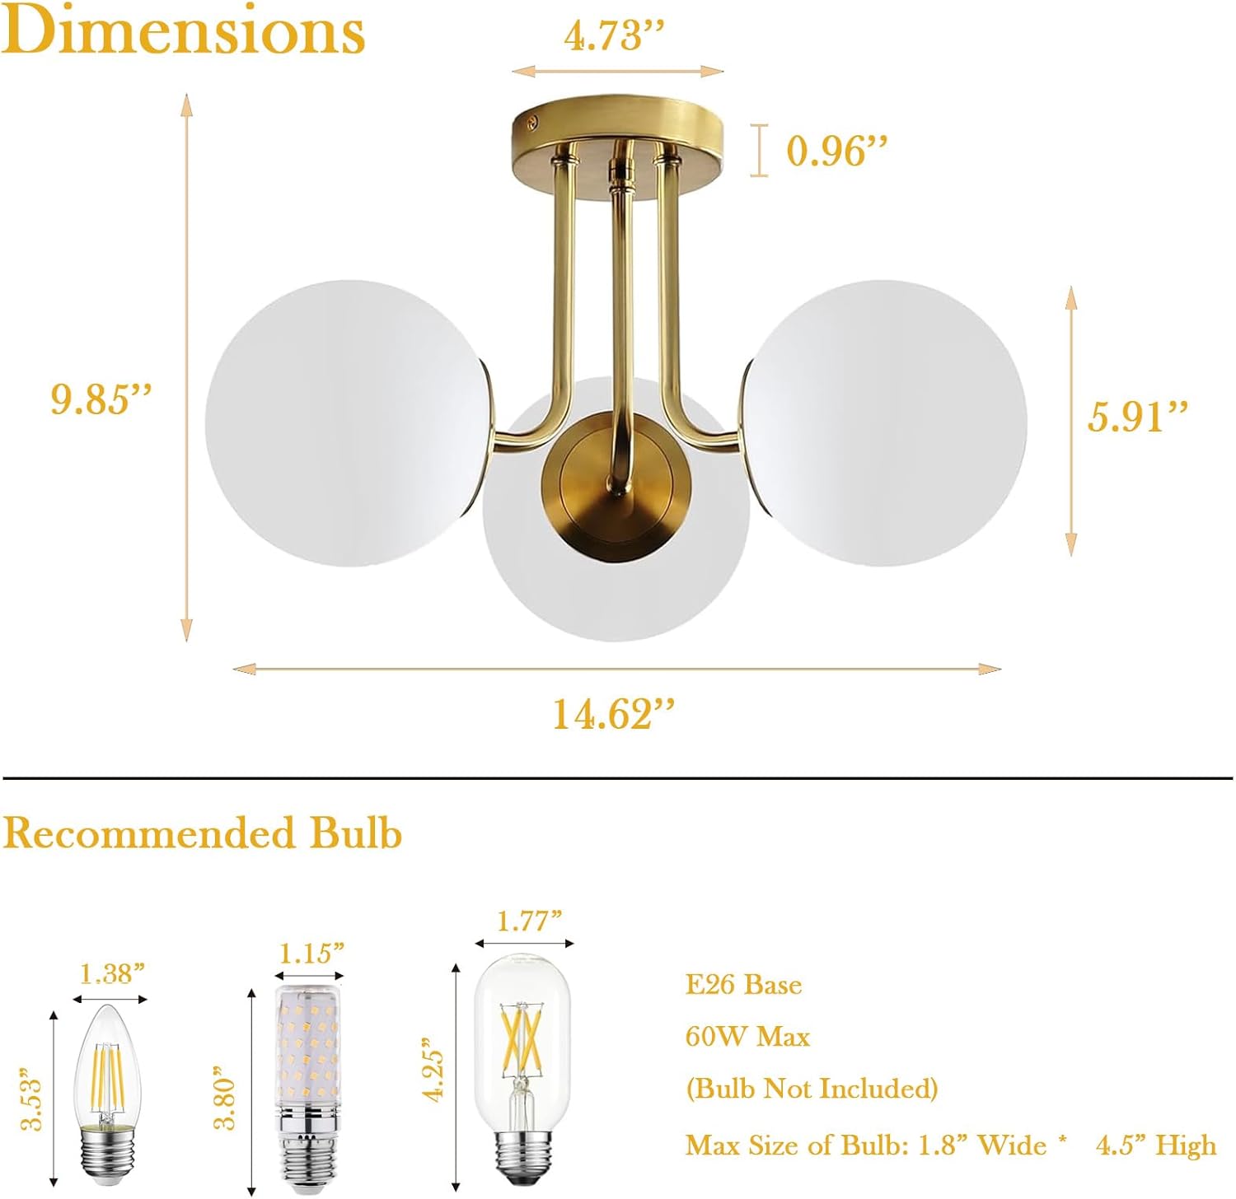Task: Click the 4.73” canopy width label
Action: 614,35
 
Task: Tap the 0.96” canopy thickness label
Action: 836,151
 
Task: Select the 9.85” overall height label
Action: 101,399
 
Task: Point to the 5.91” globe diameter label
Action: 1138,416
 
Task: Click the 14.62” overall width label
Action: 613,713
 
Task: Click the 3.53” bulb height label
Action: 30,1099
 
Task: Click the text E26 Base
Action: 743,985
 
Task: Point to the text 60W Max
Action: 747,1036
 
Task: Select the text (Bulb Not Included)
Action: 812,1089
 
